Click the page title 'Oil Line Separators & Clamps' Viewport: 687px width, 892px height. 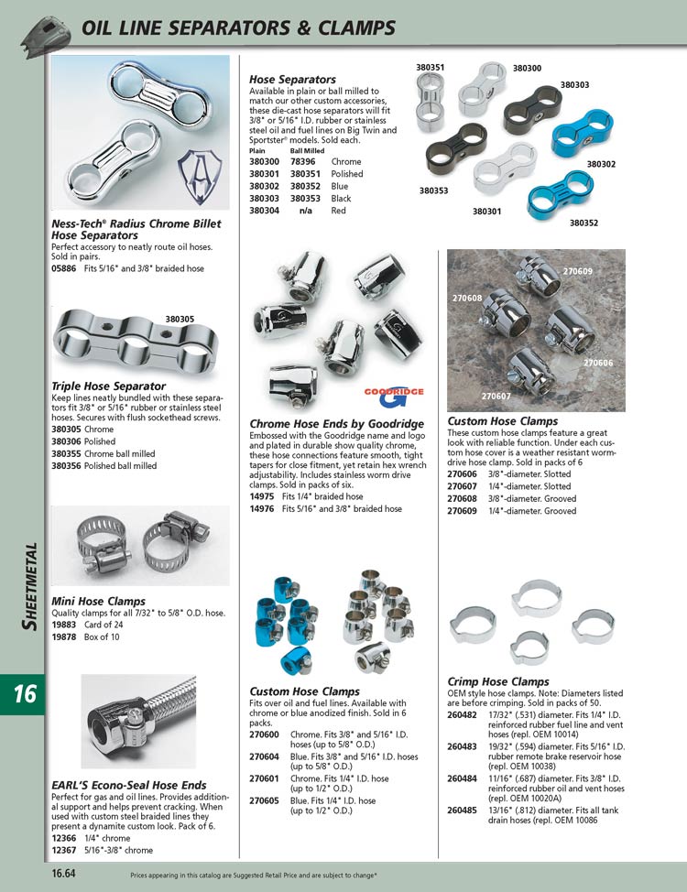pos(239,27)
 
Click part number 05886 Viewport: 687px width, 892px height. pos(65,268)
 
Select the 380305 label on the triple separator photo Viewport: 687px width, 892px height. pos(180,320)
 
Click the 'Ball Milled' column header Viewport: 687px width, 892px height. pos(308,150)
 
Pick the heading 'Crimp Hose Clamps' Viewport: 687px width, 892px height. pos(497,681)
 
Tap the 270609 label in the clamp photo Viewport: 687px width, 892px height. pos(577,271)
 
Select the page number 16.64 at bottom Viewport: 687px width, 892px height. pos(63,874)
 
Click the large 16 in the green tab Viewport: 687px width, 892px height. pos(25,694)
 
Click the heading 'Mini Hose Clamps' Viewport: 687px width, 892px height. pos(98,601)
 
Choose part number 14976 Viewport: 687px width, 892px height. pos(263,508)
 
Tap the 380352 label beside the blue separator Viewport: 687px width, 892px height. pos(583,222)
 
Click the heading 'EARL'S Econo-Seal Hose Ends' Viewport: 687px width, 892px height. pos(128,785)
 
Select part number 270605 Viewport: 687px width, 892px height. pos(264,800)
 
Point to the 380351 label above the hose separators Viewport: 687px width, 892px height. pos(431,67)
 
